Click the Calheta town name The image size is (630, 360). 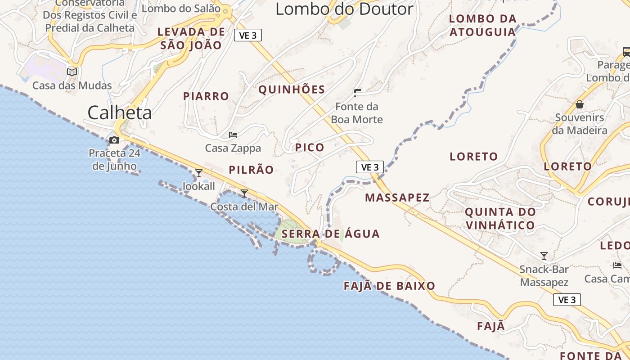click(119, 112)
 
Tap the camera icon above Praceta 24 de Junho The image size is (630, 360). click(114, 140)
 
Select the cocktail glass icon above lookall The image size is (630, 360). click(198, 173)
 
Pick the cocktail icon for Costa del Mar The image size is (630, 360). click(244, 193)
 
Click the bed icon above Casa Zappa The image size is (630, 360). click(233, 135)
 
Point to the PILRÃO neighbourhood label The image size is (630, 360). click(251, 170)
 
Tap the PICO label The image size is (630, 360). click(310, 147)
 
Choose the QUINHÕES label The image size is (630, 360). click(292, 90)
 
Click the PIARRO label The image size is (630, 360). click(206, 96)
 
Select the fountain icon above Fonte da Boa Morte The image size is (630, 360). click(358, 93)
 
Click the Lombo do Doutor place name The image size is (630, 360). click(344, 9)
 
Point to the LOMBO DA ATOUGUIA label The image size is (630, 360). click(482, 25)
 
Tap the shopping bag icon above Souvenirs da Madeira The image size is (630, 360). click(580, 104)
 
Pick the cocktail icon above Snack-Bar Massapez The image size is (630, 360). click(544, 256)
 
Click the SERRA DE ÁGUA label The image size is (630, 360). click(331, 234)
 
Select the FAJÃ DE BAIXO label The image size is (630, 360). click(389, 286)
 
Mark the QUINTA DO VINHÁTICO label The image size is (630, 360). click(500, 218)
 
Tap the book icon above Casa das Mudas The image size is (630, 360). click(72, 72)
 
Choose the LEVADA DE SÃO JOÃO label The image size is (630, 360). click(191, 38)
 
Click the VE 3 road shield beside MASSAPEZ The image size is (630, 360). click(370, 167)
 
